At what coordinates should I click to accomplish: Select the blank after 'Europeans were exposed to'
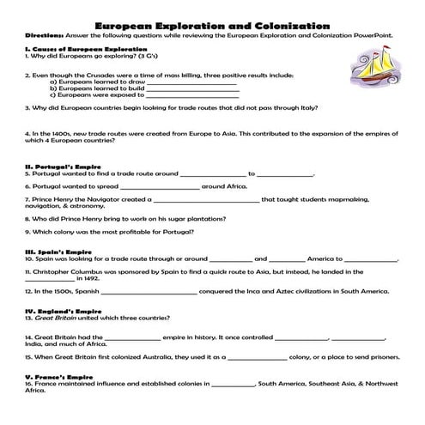coord(191,98)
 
